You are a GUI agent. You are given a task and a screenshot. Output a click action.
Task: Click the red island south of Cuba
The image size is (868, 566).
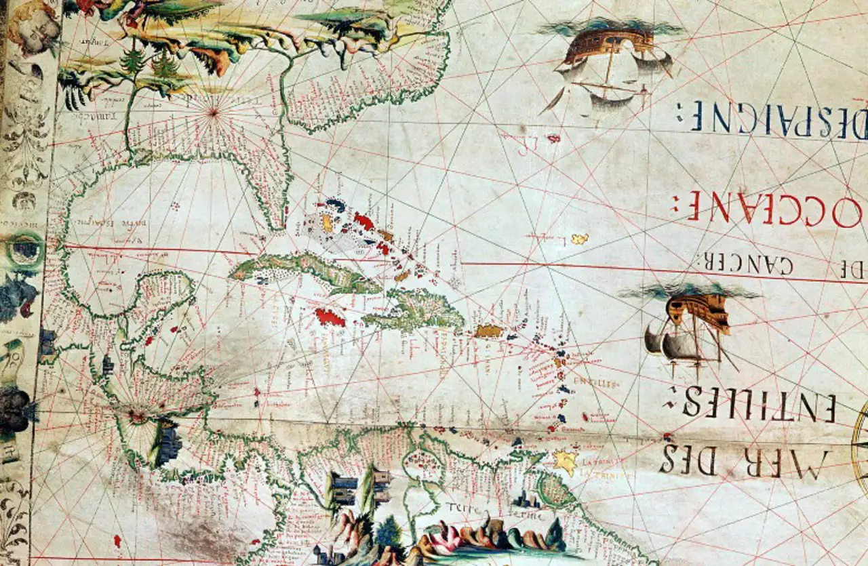click(330, 317)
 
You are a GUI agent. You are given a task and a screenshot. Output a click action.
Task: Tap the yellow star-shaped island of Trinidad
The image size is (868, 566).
click(565, 462)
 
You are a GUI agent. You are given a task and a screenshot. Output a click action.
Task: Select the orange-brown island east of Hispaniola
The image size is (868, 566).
click(488, 331)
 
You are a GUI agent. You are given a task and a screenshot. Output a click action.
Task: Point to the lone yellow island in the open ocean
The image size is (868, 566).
click(579, 239)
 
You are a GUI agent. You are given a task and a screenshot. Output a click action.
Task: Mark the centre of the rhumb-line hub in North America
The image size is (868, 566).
click(214, 113)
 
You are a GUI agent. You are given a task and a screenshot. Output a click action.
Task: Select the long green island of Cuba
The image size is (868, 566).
click(305, 269)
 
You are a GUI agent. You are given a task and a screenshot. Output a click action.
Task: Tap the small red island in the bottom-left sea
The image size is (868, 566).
click(117, 540)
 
